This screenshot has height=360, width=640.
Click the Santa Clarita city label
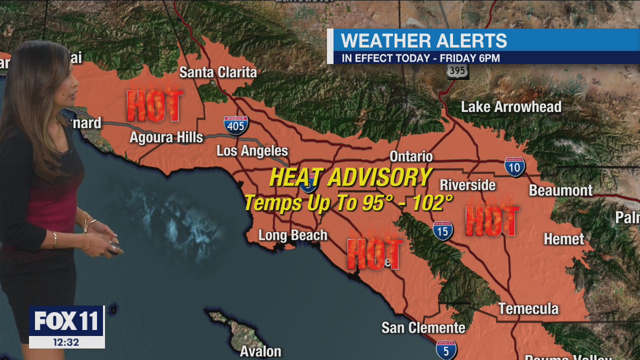click(218, 72)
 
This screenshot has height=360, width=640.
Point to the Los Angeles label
click(252, 151)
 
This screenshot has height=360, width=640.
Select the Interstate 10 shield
click(514, 167)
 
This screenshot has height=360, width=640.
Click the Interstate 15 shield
click(443, 230)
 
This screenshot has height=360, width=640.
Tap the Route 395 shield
click(457, 71)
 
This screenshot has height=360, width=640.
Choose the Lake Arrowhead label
click(511, 107)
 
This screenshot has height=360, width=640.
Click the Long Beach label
click(292, 235)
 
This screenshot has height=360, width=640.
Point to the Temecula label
click(528, 308)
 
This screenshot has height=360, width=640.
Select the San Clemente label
click(423, 328)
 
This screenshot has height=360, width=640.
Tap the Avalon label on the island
click(260, 351)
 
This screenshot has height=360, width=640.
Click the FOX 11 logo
click(66, 321)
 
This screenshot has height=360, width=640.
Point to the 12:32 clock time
click(66, 342)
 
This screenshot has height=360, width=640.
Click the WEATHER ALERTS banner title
click(424, 40)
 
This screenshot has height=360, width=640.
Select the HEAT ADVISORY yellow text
click(350, 177)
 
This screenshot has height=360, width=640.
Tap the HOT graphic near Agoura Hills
click(154, 105)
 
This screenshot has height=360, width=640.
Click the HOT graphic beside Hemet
click(492, 221)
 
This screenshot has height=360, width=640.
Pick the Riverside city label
click(467, 185)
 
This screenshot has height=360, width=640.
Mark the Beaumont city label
click(560, 190)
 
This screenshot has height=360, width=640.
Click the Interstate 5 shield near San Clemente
click(446, 349)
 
